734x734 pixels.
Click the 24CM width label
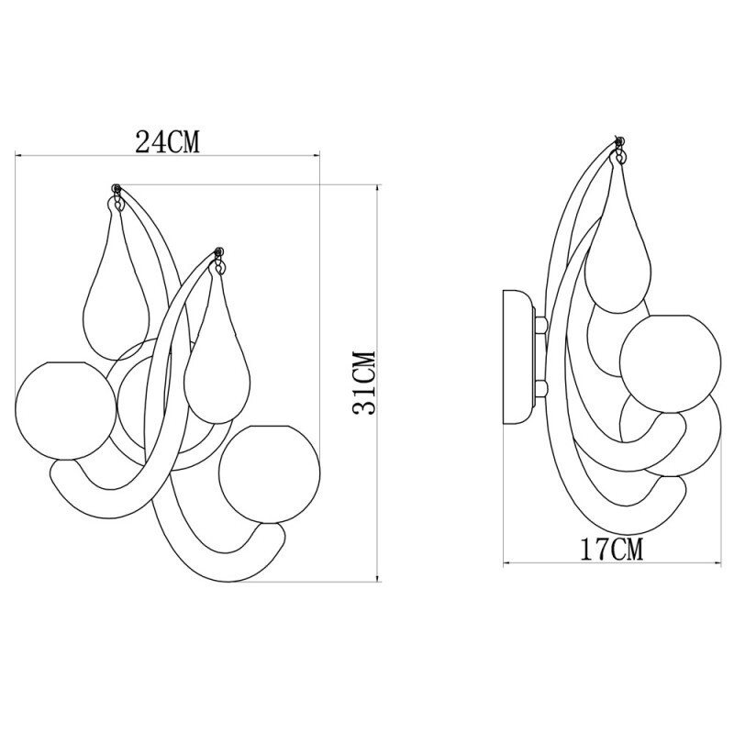[168, 141]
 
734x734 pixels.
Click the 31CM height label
[364, 383]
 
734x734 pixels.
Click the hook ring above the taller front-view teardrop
[117, 192]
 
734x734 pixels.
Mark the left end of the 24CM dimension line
[15, 154]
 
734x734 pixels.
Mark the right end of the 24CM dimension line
[318, 154]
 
